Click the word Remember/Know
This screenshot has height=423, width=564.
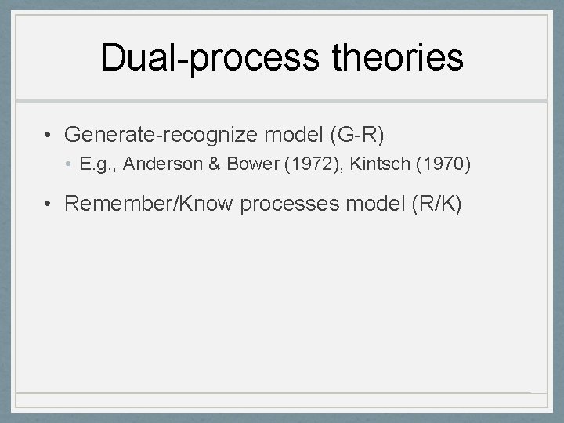click(x=148, y=204)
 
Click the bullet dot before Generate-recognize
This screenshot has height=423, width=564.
click(x=49, y=136)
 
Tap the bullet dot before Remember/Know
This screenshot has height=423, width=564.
click(x=49, y=205)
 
